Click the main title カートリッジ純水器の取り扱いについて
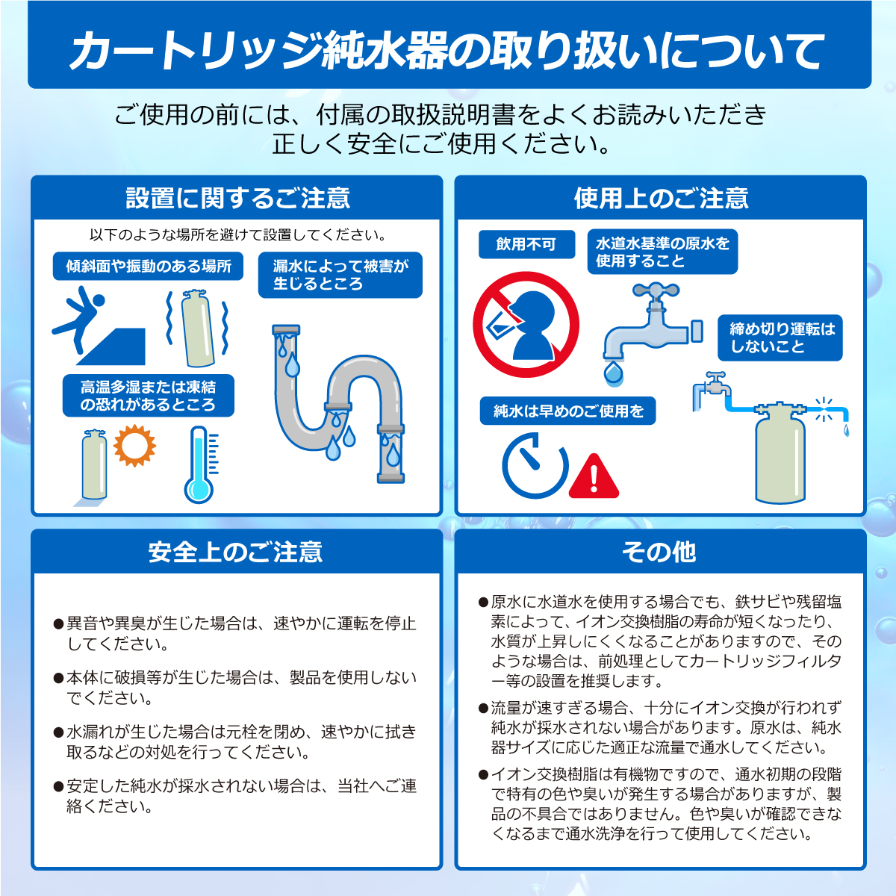click(448, 51)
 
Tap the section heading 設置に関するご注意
click(237, 198)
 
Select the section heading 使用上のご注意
click(661, 198)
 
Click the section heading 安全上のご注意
click(236, 552)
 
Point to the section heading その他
click(659, 552)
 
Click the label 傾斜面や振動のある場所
click(149, 267)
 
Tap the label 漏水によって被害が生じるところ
click(340, 275)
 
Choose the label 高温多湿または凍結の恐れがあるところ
click(148, 396)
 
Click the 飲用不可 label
click(526, 244)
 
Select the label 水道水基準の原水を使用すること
click(662, 252)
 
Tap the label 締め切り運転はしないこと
click(780, 338)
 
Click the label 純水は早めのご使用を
click(567, 411)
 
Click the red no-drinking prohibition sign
click(526, 325)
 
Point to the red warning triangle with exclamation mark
click(594, 476)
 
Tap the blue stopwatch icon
click(535, 466)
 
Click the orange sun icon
click(134, 445)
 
